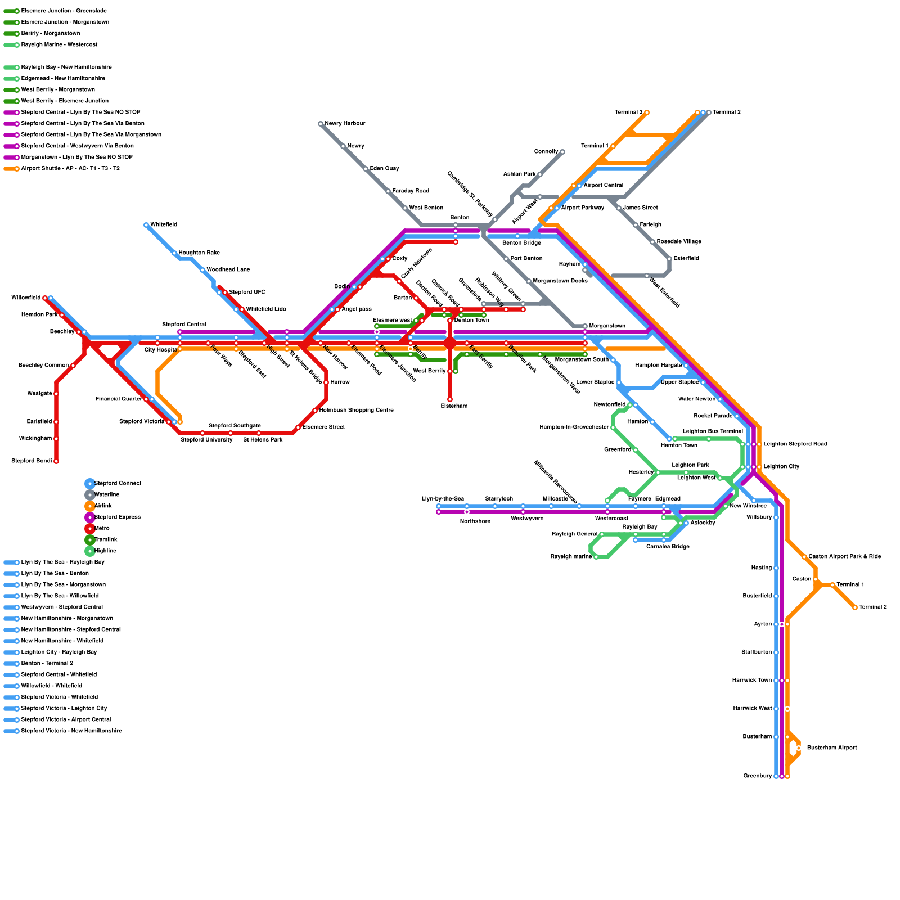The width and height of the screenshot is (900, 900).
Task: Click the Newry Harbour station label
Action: pyautogui.click(x=345, y=124)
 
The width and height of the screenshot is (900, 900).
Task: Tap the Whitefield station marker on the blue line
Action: pyautogui.click(x=146, y=225)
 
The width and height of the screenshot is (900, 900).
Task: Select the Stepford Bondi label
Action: pyautogui.click(x=31, y=461)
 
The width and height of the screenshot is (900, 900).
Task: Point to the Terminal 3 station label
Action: pyautogui.click(x=628, y=112)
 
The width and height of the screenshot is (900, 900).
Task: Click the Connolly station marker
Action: pyautogui.click(x=562, y=152)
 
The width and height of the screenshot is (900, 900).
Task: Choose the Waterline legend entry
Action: pyautogui.click(x=107, y=495)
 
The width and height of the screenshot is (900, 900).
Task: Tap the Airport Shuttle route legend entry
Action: pyautogui.click(x=70, y=169)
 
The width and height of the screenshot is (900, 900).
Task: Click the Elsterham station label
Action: pyautogui.click(x=453, y=406)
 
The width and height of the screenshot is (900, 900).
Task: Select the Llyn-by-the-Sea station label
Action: pyautogui.click(x=443, y=499)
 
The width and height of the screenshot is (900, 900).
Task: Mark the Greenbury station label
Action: pyautogui.click(x=757, y=776)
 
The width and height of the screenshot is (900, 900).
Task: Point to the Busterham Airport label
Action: pyautogui.click(x=831, y=748)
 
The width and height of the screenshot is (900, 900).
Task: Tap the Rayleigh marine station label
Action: pyautogui.click(x=571, y=557)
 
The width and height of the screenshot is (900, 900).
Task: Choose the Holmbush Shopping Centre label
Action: pyautogui.click(x=356, y=411)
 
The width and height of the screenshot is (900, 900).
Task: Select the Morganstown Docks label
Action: pyautogui.click(x=560, y=281)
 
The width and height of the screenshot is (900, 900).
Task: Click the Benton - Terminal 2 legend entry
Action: pyautogui.click(x=47, y=664)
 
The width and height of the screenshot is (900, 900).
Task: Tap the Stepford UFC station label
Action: pyautogui.click(x=247, y=292)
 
